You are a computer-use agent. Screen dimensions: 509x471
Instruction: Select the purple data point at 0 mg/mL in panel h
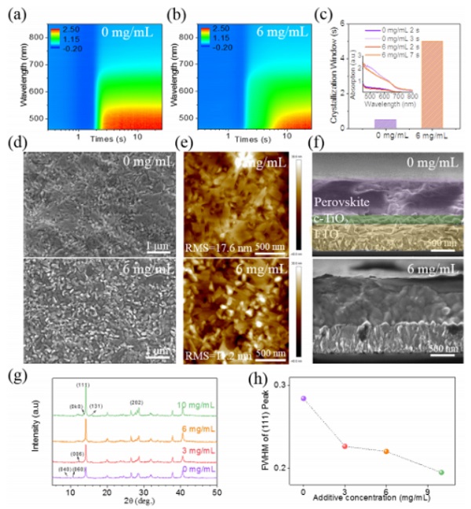click(304, 398)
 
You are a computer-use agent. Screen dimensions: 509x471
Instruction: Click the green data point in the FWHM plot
click(441, 472)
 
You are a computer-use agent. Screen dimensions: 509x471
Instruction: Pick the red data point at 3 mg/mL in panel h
click(345, 446)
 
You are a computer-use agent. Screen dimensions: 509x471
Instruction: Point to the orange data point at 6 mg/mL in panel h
click(385, 451)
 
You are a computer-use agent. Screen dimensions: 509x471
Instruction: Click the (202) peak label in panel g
click(136, 404)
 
